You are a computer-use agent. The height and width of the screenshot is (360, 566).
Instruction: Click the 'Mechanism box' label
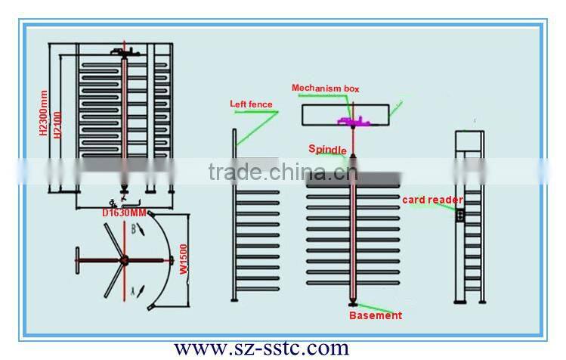point(325,88)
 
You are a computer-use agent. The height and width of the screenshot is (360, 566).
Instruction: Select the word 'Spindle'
point(328,149)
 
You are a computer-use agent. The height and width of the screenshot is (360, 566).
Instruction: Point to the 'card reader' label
point(431,200)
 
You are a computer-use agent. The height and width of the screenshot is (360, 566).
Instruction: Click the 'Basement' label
point(375,315)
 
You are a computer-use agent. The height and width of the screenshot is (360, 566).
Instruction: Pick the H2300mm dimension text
point(42,113)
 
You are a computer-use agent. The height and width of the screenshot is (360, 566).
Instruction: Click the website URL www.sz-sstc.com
point(262,348)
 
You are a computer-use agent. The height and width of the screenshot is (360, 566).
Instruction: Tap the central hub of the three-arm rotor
point(120,262)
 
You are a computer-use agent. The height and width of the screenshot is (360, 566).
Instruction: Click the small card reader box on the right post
point(459,216)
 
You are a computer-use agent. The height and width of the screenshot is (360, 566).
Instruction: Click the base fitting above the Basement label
point(351,301)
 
